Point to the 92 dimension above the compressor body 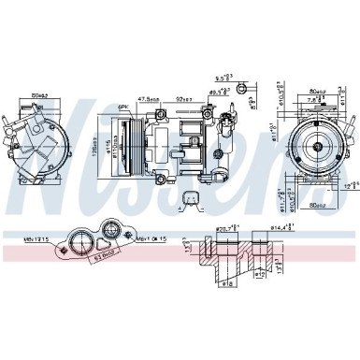coord(183,98)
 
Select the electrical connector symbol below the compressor coord(191,198)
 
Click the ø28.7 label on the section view coord(225,227)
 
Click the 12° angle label coord(352,183)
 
